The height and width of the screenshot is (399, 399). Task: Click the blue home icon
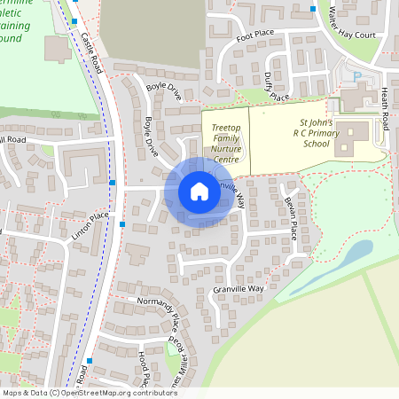click(199, 192)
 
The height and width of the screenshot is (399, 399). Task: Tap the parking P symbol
click(357, 76)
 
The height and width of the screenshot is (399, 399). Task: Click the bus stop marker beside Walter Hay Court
click(313, 10)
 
